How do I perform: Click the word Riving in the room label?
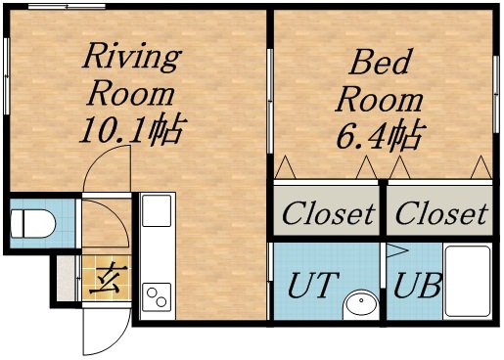pos(130,56)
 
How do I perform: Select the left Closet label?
pos(328,212)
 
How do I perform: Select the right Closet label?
pos(440,212)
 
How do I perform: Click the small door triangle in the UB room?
pos(397,251)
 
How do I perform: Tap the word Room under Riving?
pos(131,94)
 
